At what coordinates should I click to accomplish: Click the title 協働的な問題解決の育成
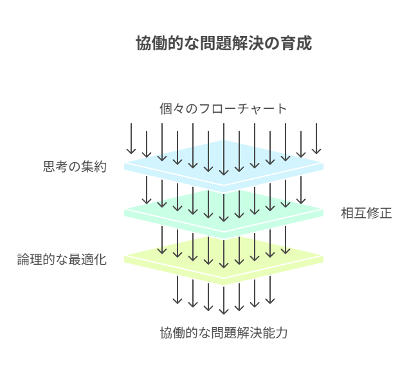[223, 44]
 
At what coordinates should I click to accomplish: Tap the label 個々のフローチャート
[223, 108]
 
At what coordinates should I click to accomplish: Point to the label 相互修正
[366, 213]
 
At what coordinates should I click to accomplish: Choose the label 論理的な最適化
[62, 260]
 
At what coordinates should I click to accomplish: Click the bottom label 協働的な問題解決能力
[223, 334]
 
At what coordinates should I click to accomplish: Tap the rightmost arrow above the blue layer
[316, 138]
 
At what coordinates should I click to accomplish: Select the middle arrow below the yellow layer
[224, 300]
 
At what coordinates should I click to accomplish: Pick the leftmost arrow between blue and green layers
[147, 191]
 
